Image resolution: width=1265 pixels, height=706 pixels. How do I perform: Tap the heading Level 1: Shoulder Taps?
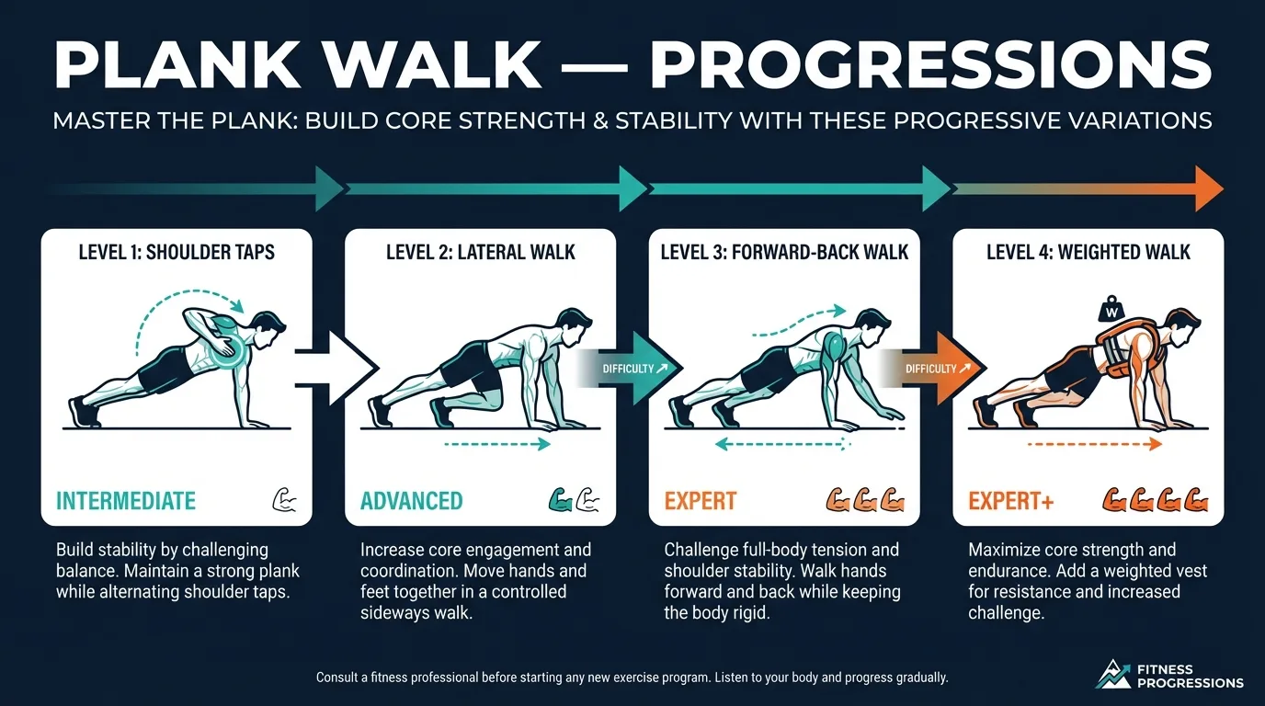click(x=177, y=252)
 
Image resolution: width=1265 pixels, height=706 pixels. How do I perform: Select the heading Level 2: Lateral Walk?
click(x=480, y=252)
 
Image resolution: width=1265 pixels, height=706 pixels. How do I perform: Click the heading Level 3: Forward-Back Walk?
click(x=784, y=252)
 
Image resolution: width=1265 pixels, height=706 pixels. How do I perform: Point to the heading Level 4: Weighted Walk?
click(x=1088, y=252)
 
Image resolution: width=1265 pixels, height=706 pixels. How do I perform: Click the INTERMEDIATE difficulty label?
click(x=126, y=501)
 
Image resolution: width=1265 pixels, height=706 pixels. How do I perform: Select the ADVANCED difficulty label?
click(x=411, y=501)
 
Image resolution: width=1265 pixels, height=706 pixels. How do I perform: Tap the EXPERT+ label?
click(x=1009, y=501)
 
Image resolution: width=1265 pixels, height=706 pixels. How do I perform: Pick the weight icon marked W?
click(x=1110, y=309)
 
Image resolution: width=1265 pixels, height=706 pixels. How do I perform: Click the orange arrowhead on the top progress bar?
click(x=1207, y=188)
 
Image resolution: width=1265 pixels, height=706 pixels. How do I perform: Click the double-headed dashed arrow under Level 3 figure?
click(x=781, y=444)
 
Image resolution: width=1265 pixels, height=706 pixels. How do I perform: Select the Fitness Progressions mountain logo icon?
click(x=1113, y=674)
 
